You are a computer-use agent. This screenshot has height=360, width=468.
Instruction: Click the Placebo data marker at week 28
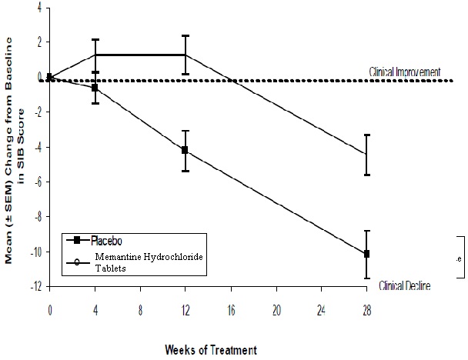click(x=367, y=254)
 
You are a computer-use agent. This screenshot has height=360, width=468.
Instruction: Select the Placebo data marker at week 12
click(x=186, y=150)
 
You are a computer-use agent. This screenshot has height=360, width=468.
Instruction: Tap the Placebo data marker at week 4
click(x=95, y=88)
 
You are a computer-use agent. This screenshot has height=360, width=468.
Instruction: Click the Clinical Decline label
click(x=404, y=286)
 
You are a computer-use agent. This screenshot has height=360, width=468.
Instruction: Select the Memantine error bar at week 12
click(x=186, y=55)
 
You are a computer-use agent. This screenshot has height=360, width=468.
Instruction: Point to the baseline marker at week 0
click(x=49, y=77)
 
